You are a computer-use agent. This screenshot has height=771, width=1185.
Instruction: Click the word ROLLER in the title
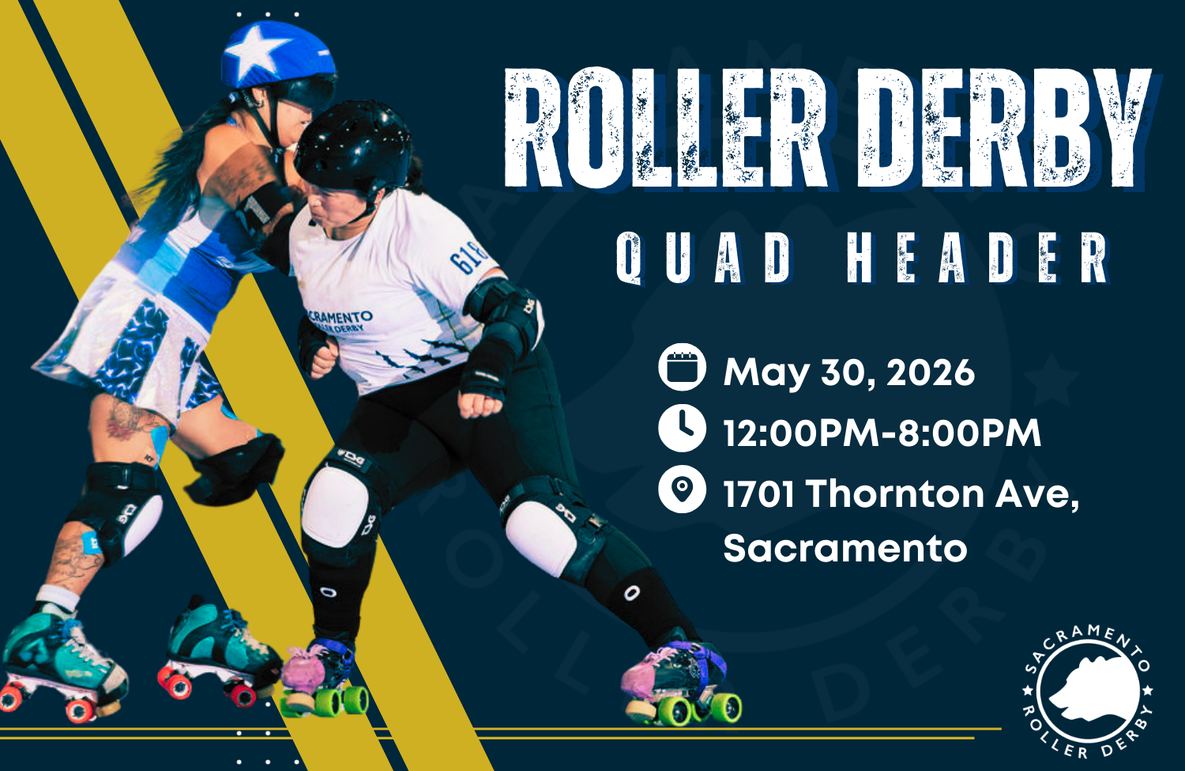[x=664, y=128]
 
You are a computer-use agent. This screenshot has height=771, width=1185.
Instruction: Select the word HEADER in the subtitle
[x=977, y=258]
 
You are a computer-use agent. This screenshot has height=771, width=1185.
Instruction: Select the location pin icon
[x=682, y=489]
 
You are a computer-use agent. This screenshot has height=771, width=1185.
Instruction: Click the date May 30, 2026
[x=848, y=372]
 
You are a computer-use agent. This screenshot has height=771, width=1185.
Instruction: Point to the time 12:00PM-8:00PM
[x=882, y=433]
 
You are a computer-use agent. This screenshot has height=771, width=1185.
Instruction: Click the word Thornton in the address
[x=894, y=494]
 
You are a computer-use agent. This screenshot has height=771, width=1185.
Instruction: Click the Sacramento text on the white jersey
[x=340, y=319]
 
